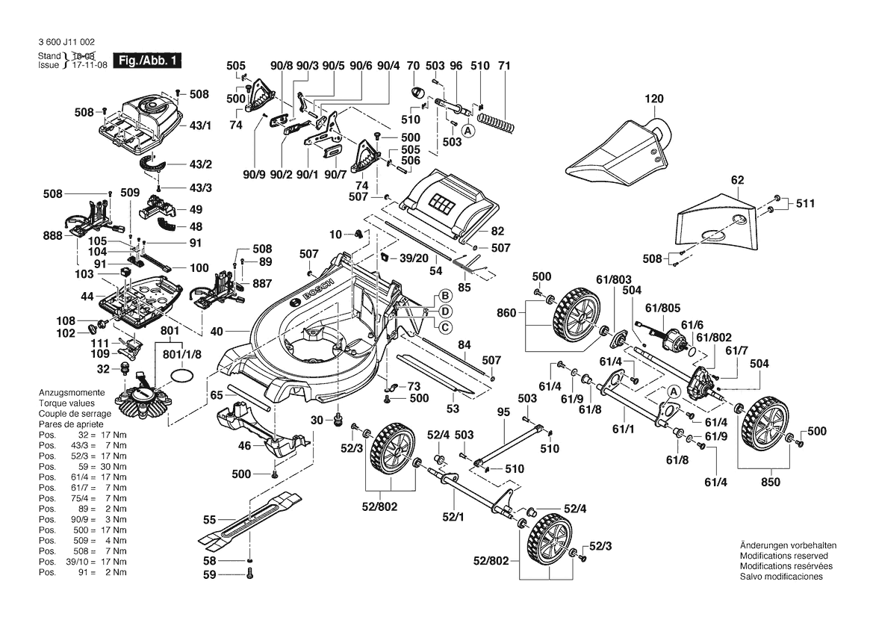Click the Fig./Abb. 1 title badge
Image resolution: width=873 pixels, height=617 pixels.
[x=147, y=60]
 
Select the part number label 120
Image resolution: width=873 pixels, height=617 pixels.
[x=654, y=99]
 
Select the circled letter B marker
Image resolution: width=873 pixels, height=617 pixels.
[x=443, y=295]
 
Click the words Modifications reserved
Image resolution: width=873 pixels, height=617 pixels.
[x=783, y=556]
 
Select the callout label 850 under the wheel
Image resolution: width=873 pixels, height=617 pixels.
[x=769, y=482]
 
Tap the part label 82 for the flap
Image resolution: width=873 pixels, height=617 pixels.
[x=497, y=231]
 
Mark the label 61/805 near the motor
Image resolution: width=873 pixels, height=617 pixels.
[x=663, y=307]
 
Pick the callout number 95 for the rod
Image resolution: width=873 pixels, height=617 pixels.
[x=503, y=412]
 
